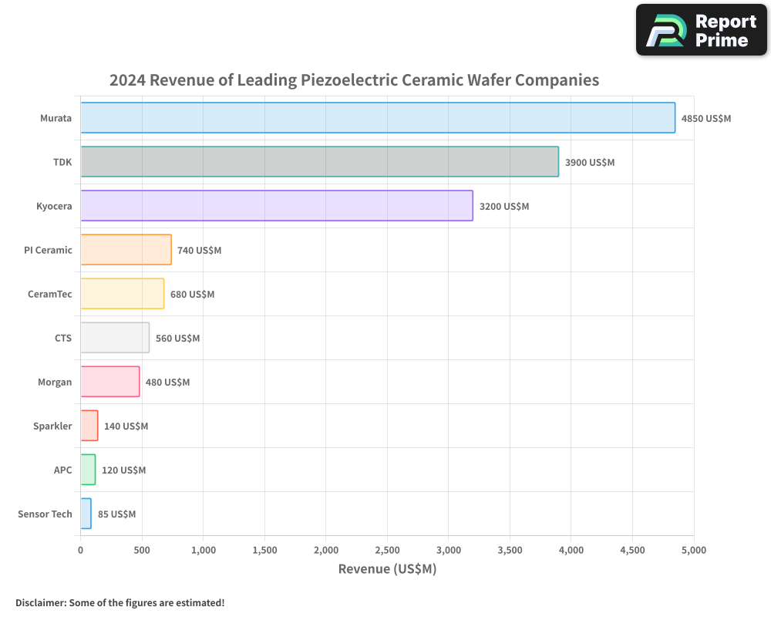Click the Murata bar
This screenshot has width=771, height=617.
(378, 118)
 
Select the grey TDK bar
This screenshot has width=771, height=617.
(319, 162)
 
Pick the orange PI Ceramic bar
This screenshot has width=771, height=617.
(126, 250)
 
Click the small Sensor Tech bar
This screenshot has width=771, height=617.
(86, 514)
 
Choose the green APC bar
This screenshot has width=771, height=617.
(88, 470)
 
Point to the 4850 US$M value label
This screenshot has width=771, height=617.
(705, 119)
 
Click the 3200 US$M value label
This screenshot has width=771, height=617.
(504, 207)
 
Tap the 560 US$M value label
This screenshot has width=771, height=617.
(177, 339)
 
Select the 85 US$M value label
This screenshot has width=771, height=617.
(116, 514)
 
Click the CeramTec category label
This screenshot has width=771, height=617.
(49, 294)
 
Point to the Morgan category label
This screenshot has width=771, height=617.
(55, 382)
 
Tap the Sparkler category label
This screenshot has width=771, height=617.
(52, 426)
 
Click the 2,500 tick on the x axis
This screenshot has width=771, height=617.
(387, 550)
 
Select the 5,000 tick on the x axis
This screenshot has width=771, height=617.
(693, 550)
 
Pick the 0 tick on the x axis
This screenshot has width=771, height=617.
(81, 550)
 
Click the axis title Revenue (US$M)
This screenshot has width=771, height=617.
(387, 569)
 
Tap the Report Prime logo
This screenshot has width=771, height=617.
(701, 30)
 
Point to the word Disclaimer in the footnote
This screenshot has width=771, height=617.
(40, 602)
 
